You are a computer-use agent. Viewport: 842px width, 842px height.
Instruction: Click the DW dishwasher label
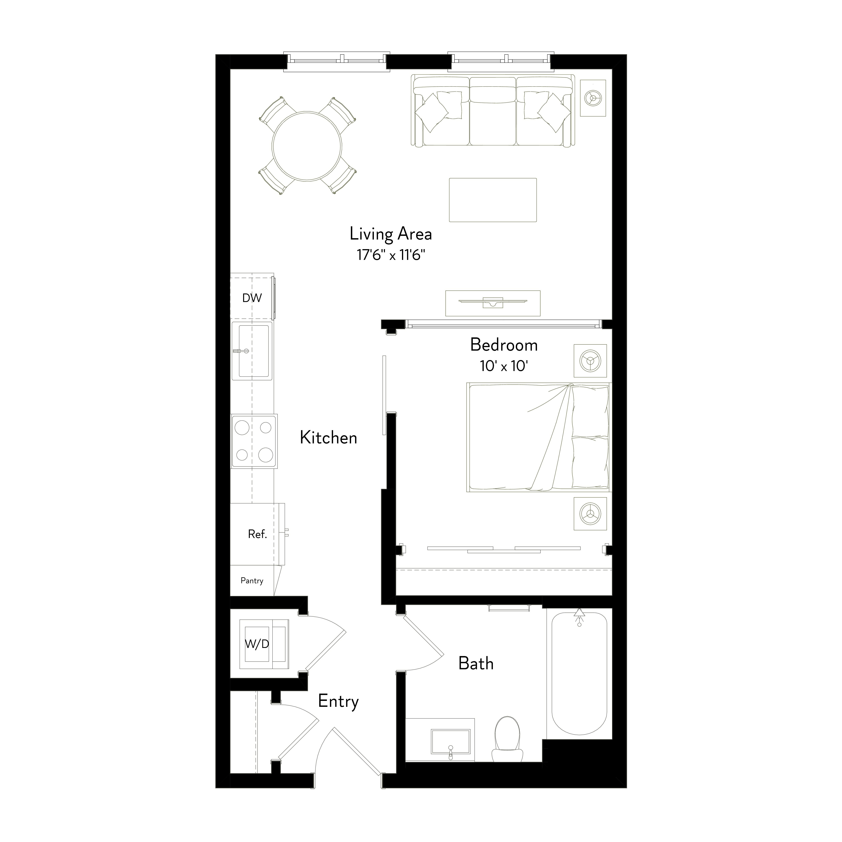pyautogui.click(x=252, y=298)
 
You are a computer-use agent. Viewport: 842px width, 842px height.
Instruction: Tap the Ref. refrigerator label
pyautogui.click(x=257, y=534)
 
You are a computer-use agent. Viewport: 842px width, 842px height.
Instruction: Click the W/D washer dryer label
pyautogui.click(x=257, y=644)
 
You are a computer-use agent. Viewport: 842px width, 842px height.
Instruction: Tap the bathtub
pyautogui.click(x=579, y=672)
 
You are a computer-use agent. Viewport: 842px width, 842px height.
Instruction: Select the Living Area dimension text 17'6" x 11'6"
pyautogui.click(x=391, y=255)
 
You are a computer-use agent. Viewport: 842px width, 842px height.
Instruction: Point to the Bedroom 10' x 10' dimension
pyautogui.click(x=504, y=366)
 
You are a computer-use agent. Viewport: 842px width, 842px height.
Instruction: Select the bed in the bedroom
pyautogui.click(x=539, y=437)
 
